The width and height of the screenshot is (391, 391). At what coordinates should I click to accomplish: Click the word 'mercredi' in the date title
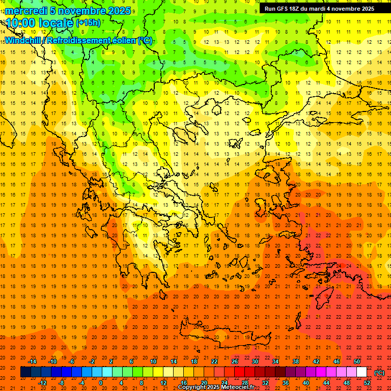26,11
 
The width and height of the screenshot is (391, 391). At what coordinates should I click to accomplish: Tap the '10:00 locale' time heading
40,23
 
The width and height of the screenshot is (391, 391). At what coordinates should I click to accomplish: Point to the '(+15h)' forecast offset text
88,22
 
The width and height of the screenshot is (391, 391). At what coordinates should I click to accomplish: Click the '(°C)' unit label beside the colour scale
379,373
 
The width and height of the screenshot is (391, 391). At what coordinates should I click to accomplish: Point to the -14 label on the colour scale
32,361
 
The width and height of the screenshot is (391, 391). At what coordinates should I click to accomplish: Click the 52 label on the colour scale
367,383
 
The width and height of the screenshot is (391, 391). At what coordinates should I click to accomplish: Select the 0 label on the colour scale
101,383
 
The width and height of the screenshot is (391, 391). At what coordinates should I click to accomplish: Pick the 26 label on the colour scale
235,361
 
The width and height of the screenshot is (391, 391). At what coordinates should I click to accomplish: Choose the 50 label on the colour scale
357,361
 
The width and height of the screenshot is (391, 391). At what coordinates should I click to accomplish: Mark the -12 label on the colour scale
43,383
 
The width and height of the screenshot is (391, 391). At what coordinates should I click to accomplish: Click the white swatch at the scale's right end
361,372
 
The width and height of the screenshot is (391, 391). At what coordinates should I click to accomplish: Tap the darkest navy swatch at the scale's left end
25,372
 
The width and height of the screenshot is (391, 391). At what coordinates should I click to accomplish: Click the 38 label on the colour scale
296,361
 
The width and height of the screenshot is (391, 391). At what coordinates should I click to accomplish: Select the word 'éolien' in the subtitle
121,41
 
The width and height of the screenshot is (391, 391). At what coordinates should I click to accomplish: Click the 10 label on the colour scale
153,361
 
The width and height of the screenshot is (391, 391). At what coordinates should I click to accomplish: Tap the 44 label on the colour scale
326,383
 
